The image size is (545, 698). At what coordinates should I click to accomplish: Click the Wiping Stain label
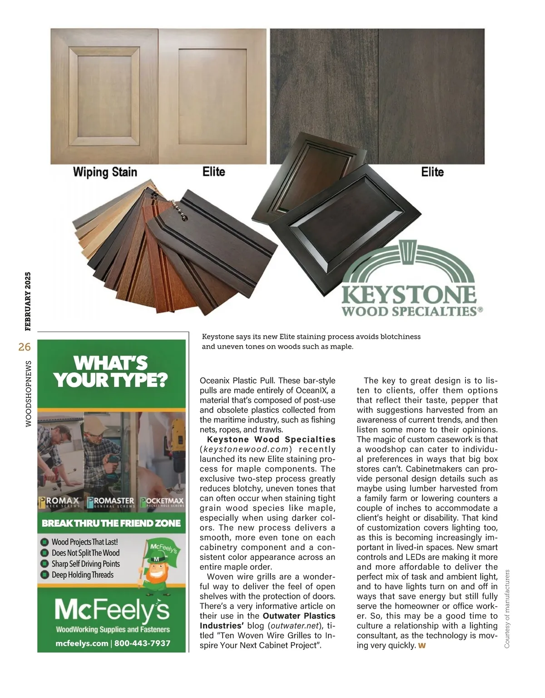tap(105, 172)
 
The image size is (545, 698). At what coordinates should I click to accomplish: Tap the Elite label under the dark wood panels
tap(432, 172)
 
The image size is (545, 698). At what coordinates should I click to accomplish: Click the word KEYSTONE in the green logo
tap(409, 294)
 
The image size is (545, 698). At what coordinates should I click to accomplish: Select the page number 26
tap(25, 347)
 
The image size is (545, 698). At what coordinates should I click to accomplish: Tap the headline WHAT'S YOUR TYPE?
tap(111, 372)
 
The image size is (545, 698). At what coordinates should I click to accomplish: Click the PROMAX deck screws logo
tap(59, 502)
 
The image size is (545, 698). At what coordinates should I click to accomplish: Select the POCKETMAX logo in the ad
tap(162, 502)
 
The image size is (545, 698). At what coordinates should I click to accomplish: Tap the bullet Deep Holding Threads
tap(82, 575)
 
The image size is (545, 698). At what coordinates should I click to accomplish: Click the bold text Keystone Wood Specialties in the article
tap(271, 439)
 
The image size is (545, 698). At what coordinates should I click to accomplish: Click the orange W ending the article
tap(422, 646)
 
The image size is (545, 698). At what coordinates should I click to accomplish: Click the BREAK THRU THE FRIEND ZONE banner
tap(111, 523)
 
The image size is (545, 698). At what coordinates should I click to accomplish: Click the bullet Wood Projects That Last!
tap(84, 542)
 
